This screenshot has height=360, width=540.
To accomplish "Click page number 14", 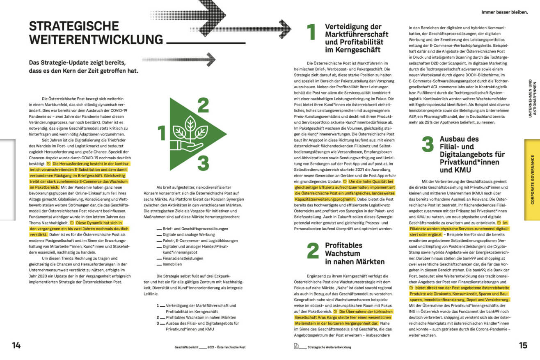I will tap(16, 346).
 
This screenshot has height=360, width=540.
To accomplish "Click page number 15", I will tap(523, 346).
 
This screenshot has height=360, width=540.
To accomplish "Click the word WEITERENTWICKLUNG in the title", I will tap(96, 40).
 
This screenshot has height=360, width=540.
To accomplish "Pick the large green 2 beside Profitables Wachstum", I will tap(313, 251).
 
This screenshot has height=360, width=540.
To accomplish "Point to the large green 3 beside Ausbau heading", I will tap(428, 144).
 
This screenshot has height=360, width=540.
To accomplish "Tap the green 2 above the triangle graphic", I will tap(203, 105).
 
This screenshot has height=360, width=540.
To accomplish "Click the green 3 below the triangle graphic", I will tap(203, 163).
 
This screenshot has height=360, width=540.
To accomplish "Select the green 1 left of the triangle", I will tap(161, 133).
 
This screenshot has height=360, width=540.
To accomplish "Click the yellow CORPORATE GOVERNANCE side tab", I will tap(532, 179).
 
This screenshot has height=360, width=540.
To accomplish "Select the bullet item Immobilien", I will tap(172, 265).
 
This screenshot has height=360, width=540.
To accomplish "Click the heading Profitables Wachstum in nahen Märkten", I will tap(355, 253).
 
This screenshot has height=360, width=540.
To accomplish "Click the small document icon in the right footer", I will tap(296, 346).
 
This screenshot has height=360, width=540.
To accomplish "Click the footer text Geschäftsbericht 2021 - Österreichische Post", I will tap(210, 347).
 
